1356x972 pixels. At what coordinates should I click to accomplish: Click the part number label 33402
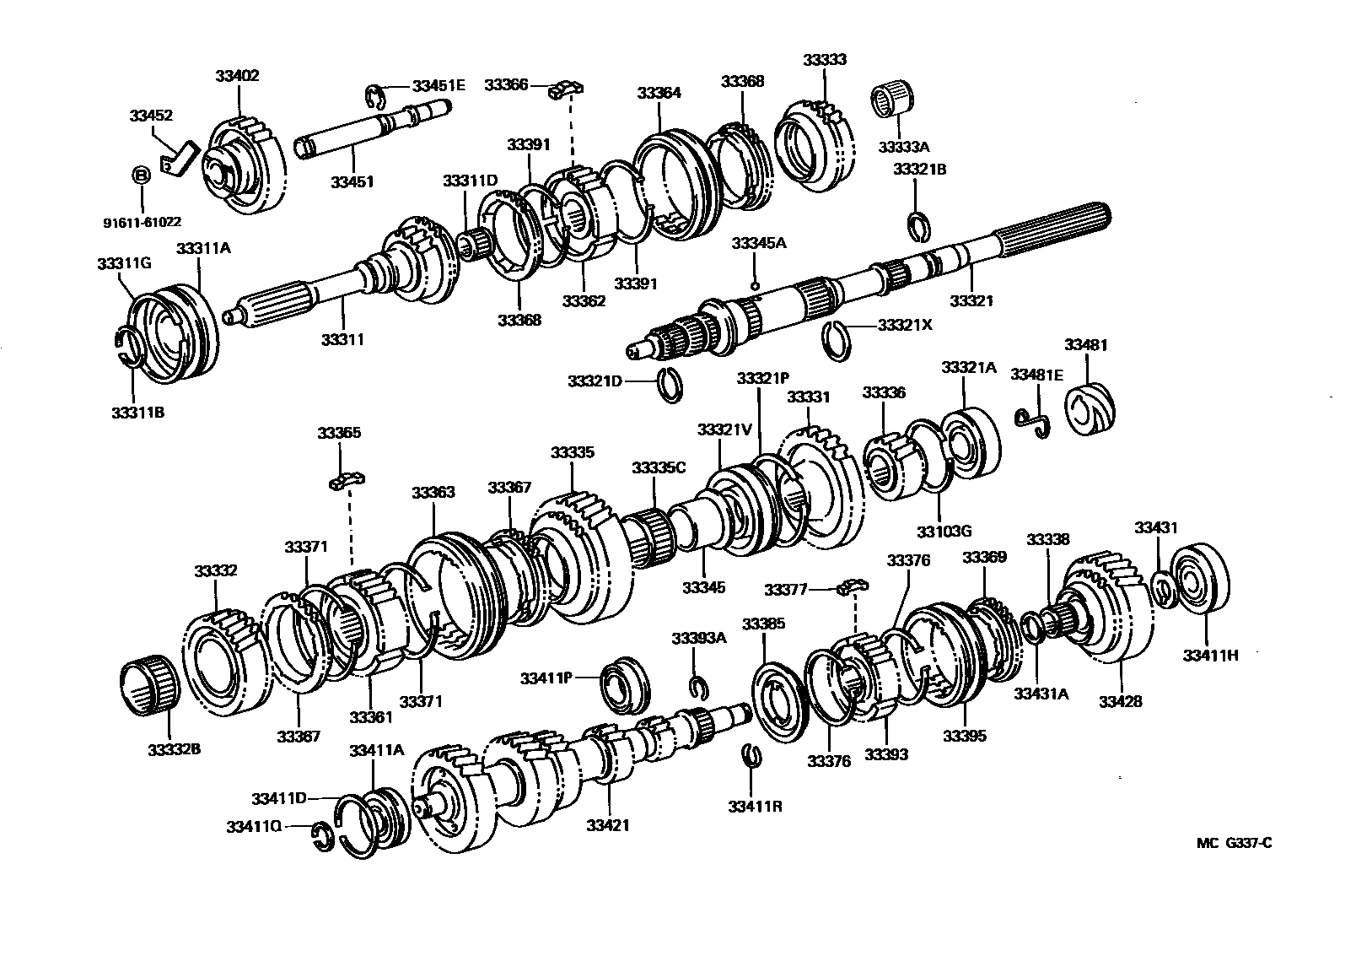click(x=237, y=75)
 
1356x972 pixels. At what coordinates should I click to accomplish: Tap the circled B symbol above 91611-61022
click(x=141, y=175)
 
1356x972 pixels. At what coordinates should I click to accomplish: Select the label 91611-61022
click(x=142, y=222)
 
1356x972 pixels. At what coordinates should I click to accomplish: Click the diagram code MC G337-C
click(x=1233, y=842)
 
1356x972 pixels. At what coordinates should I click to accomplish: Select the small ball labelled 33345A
click(x=756, y=284)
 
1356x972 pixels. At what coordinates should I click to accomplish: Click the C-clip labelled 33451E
click(x=376, y=97)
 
